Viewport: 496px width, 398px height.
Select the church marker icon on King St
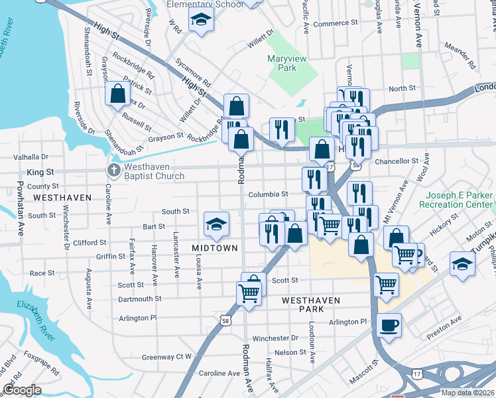113,170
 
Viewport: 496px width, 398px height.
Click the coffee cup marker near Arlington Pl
389,326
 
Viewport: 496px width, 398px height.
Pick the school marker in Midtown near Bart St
216,225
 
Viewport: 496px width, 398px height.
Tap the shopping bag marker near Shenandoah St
117,94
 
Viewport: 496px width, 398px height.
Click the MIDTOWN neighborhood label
215,248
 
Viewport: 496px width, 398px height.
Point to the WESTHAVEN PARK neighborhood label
311,304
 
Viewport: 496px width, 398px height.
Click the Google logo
22,389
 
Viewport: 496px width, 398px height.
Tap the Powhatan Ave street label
21,196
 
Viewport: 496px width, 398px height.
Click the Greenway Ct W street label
166,357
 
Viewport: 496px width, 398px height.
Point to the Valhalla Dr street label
31,157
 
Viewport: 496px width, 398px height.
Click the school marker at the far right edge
462,264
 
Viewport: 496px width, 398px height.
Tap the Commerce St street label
336,24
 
